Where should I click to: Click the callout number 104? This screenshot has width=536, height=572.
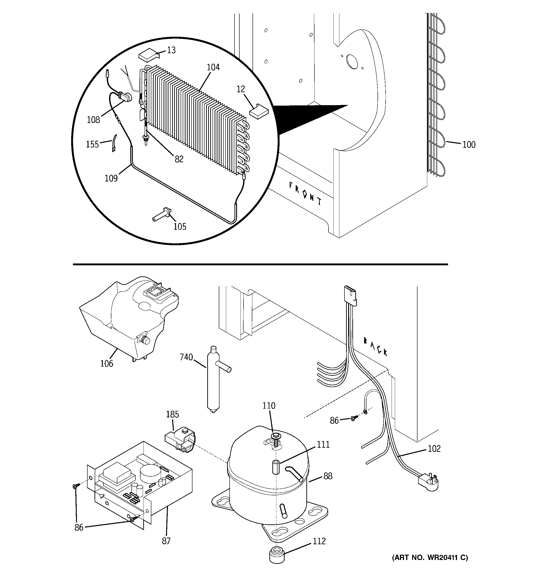pos(213,67)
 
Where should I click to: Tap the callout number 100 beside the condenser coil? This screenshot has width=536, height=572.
pos(469,144)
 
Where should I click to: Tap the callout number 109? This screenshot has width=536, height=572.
pos(111,178)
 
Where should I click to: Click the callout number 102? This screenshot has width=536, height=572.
pos(434,449)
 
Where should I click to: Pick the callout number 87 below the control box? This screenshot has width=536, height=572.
pos(166,541)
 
